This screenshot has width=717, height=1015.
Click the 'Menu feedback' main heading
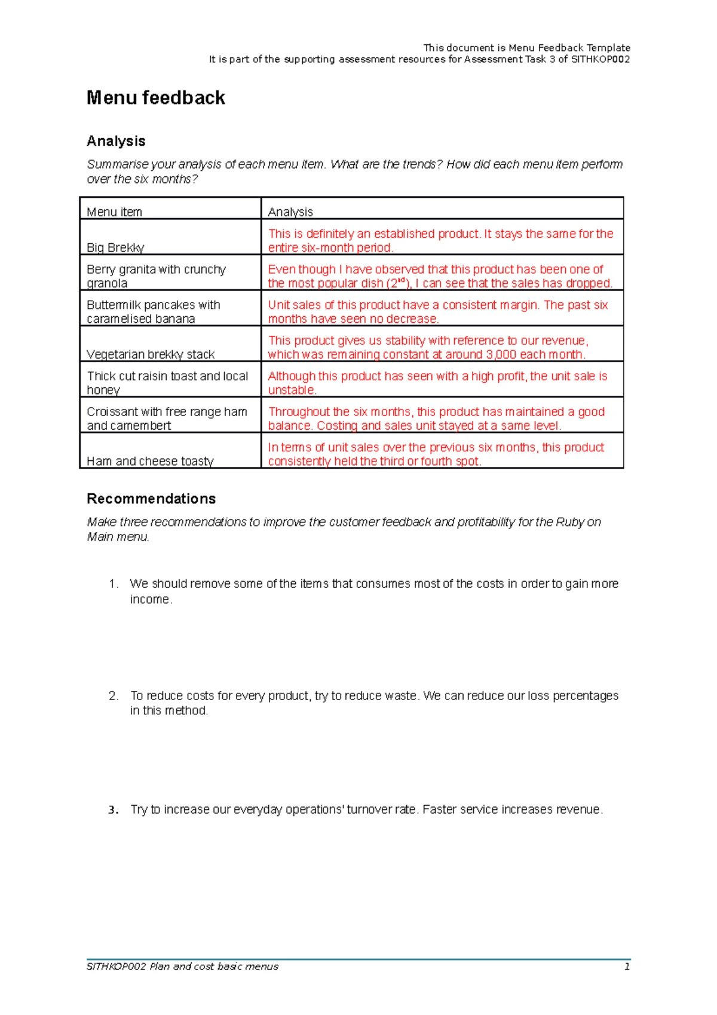pyautogui.click(x=155, y=98)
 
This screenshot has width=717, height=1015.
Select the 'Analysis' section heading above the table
pyautogui.click(x=116, y=141)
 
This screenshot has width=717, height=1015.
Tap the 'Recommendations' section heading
pyautogui.click(x=151, y=499)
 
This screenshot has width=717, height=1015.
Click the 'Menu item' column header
pyautogui.click(x=114, y=212)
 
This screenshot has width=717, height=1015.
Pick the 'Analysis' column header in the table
pyautogui.click(x=290, y=212)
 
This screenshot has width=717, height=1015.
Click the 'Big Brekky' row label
pyautogui.click(x=115, y=247)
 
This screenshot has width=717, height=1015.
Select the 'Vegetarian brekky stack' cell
pyautogui.click(x=151, y=354)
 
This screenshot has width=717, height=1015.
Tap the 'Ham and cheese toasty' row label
pyautogui.click(x=150, y=461)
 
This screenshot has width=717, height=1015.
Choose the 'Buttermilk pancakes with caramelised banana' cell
pyautogui.click(x=154, y=311)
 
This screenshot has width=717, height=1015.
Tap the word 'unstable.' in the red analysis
pyautogui.click(x=292, y=390)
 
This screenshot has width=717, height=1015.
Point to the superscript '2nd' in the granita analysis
pyautogui.click(x=398, y=283)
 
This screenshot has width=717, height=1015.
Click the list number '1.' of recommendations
pyautogui.click(x=114, y=584)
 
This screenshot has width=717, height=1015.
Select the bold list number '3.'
pyautogui.click(x=114, y=810)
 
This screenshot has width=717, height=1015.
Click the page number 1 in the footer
pyautogui.click(x=627, y=967)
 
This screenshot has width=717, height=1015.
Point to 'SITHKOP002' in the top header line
pyautogui.click(x=600, y=59)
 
